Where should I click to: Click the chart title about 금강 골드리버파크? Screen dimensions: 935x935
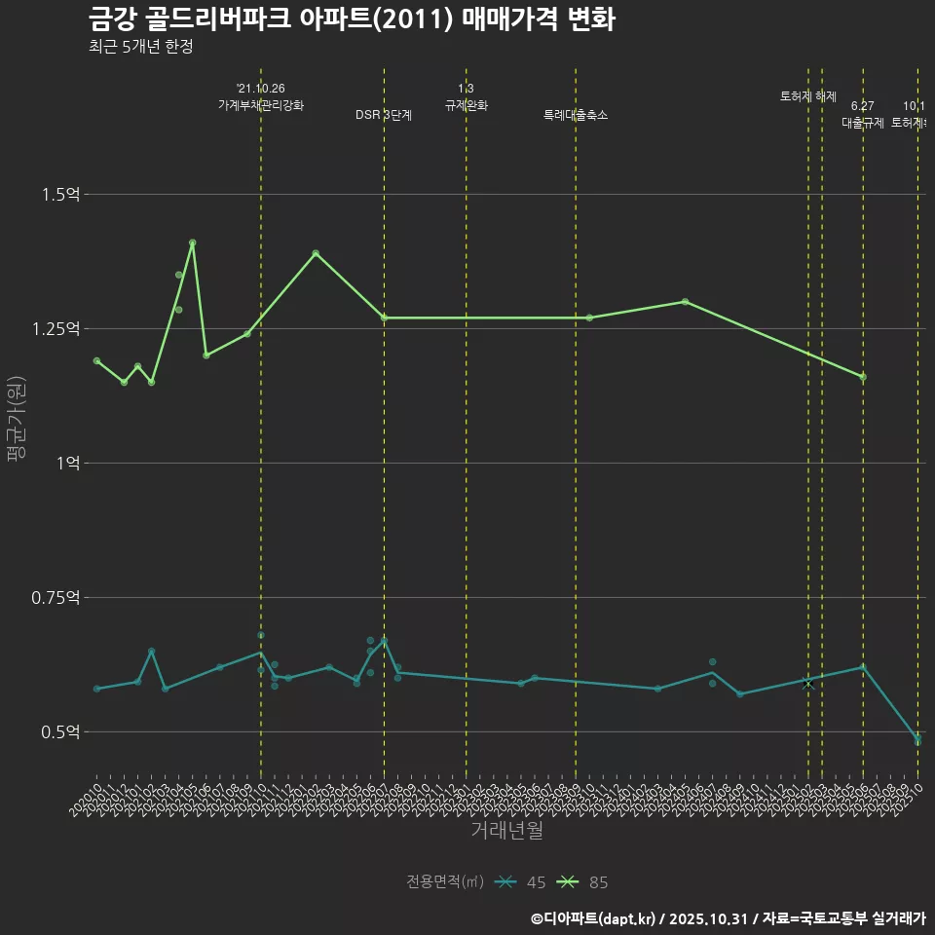click(351, 19)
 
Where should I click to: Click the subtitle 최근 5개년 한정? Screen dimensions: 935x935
click(140, 47)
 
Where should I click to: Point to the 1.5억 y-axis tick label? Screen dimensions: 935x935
click(61, 195)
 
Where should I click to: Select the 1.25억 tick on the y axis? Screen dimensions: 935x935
click(56, 329)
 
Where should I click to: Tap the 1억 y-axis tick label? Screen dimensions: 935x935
click(68, 464)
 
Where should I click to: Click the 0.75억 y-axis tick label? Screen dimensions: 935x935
click(56, 598)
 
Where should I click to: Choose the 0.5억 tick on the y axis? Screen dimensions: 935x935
click(61, 732)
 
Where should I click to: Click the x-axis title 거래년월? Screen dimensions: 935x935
click(506, 831)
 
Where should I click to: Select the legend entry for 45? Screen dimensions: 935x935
click(521, 882)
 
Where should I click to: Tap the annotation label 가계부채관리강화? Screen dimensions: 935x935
click(261, 105)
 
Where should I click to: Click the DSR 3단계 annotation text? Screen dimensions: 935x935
click(384, 115)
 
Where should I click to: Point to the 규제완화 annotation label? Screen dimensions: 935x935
click(466, 105)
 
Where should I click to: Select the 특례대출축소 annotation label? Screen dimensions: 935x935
click(576, 115)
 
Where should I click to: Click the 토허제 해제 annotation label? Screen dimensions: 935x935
click(808, 96)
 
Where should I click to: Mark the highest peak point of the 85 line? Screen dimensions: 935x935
click(192, 243)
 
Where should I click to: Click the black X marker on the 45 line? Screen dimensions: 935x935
click(808, 684)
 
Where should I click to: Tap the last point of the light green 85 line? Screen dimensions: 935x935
click(863, 377)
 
